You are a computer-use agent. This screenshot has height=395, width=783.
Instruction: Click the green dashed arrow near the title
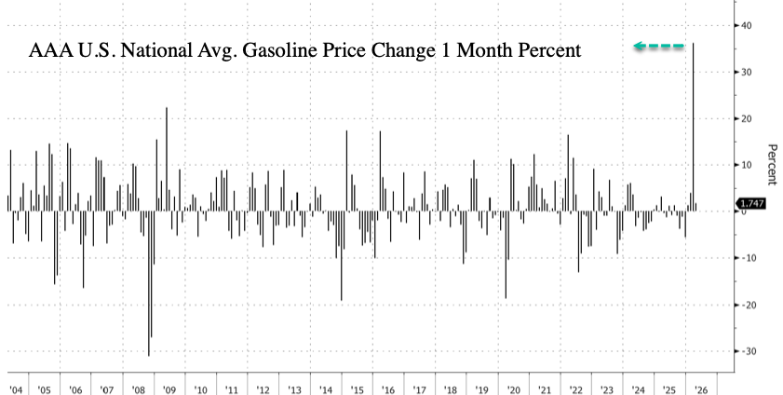[658, 45]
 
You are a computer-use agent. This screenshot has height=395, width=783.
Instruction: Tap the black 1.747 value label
[750, 203]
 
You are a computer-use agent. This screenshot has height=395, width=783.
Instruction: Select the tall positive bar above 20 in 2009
[167, 158]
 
